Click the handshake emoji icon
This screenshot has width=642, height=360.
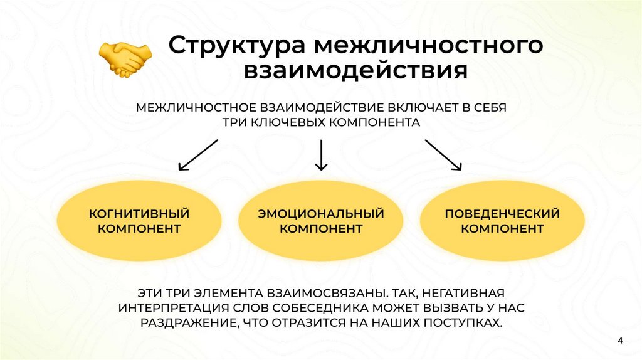[x=125, y=59]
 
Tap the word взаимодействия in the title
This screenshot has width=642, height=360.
[x=355, y=71]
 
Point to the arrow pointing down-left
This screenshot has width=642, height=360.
[x=198, y=155]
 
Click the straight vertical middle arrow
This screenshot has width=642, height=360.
[x=322, y=155]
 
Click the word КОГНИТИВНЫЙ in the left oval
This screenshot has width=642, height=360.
[x=139, y=214]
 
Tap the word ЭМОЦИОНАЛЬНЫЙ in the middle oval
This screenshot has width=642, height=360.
[x=321, y=214]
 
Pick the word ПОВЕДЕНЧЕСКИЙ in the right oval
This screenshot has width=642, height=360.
[x=502, y=214]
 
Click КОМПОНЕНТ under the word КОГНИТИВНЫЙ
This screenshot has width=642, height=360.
[x=139, y=229]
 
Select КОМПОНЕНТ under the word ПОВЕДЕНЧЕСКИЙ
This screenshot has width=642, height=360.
[x=502, y=229]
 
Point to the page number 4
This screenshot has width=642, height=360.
[x=620, y=341]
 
